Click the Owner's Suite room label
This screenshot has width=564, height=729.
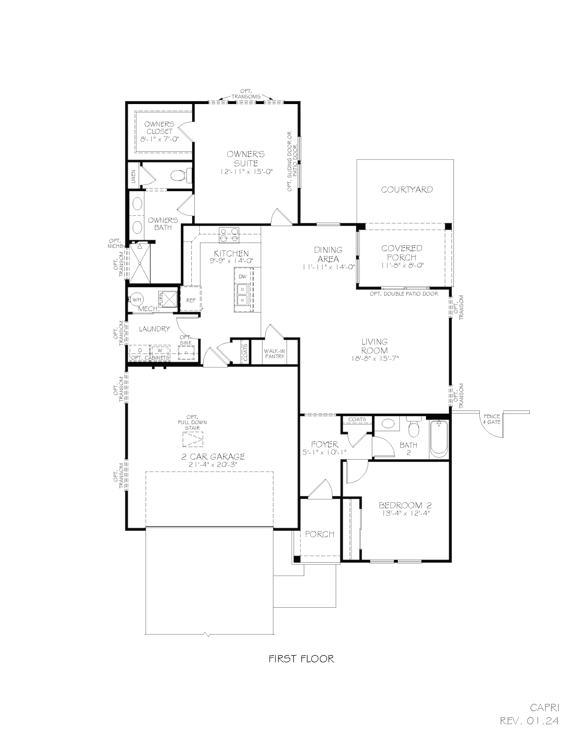point(246,158)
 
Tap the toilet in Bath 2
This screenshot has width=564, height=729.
point(413,429)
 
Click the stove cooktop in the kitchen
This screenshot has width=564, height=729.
point(229,235)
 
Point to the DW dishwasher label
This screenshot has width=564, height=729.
point(243,276)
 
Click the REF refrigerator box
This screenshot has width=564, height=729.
point(191,300)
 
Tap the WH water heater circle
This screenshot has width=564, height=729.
point(136,299)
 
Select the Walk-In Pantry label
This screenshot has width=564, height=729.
point(274,353)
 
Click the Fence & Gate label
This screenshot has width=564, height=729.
point(491,419)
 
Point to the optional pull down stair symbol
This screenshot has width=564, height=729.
point(193,439)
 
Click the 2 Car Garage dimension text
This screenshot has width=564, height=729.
point(213,465)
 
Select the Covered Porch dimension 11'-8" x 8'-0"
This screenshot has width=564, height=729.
point(402,266)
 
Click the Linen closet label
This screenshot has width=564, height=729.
point(133,177)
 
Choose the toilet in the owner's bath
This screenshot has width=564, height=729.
point(180,175)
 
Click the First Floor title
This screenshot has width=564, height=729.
point(301,658)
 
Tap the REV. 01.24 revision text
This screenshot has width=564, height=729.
point(529,720)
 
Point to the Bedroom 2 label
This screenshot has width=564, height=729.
point(405,505)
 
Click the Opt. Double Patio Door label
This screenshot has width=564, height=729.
point(404,294)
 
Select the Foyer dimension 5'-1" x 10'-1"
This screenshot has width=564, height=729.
point(324,453)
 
